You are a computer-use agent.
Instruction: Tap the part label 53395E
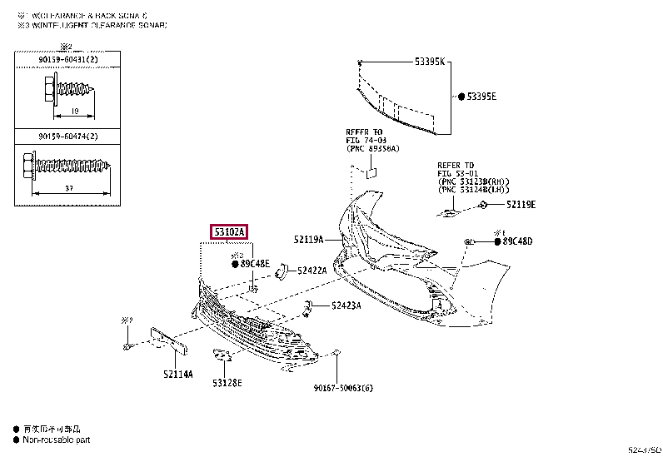click(x=481, y=97)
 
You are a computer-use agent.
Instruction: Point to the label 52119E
click(x=521, y=204)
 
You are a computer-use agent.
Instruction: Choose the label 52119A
click(x=309, y=240)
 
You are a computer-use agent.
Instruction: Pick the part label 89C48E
click(x=255, y=264)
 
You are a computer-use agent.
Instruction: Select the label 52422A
click(x=312, y=270)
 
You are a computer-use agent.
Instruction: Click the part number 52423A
click(x=346, y=305)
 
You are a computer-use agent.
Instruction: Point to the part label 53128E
click(x=227, y=383)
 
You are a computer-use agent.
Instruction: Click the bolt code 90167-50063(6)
click(x=343, y=387)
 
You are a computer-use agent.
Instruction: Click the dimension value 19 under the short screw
click(x=74, y=110)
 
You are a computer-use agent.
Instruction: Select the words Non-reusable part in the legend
click(x=56, y=440)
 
